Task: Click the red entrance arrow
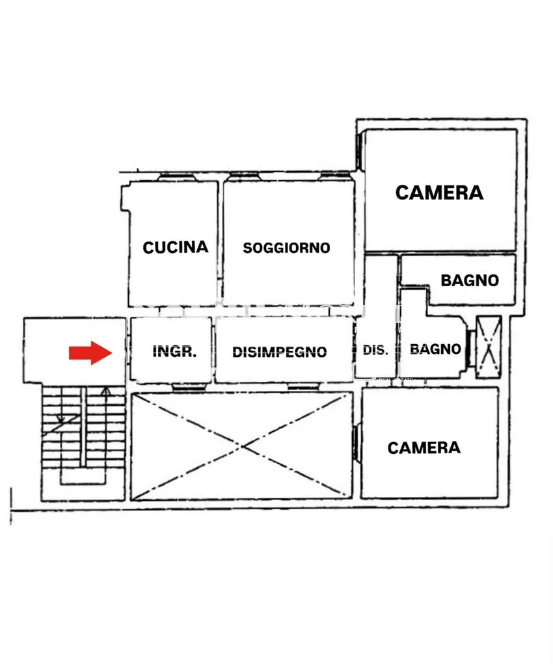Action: coord(90,353)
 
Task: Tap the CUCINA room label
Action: coord(176,247)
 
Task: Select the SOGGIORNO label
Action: coord(286,248)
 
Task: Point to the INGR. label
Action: coord(174,351)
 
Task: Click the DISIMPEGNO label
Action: coord(280,352)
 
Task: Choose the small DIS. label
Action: coord(375,350)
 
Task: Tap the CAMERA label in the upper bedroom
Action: coord(439,193)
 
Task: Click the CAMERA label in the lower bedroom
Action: coord(424,447)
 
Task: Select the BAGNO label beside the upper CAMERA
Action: coord(470,280)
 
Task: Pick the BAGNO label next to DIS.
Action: coord(435,349)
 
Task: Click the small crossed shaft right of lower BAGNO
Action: coord(489,347)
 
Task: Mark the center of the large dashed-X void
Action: coord(242,446)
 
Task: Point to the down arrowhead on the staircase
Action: coord(61,420)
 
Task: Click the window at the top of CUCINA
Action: coord(177,177)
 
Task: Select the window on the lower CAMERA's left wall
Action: coord(356,442)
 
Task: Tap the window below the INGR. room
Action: coord(189,386)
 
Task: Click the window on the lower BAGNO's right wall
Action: coord(470,349)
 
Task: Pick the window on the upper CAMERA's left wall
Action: coord(360,151)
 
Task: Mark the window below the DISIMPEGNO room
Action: coord(303,386)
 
